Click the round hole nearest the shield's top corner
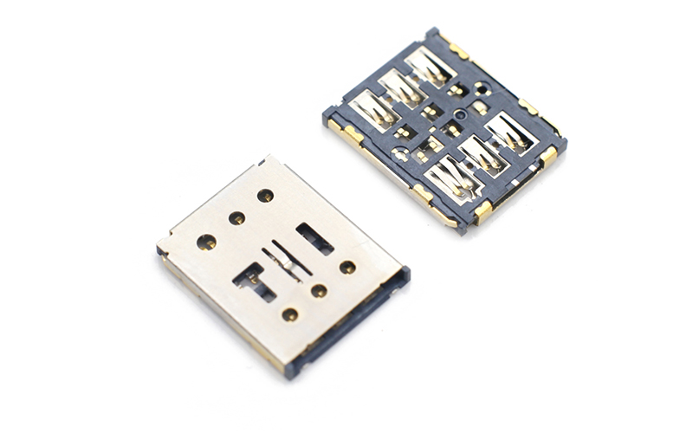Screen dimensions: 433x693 click(x=265, y=196)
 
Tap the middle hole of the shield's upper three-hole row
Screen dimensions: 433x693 click(x=236, y=217)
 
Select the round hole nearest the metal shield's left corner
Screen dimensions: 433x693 click(x=206, y=242)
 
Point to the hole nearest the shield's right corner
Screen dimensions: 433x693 click(x=347, y=268)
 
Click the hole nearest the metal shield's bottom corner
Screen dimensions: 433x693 click(x=290, y=314)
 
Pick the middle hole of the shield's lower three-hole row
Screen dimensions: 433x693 click(x=319, y=291)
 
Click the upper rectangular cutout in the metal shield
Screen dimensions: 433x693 click(x=314, y=239)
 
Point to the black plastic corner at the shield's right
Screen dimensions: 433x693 click(x=404, y=275)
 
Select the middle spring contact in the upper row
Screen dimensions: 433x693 click(x=401, y=87)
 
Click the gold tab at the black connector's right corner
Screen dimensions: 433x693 click(x=549, y=156)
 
